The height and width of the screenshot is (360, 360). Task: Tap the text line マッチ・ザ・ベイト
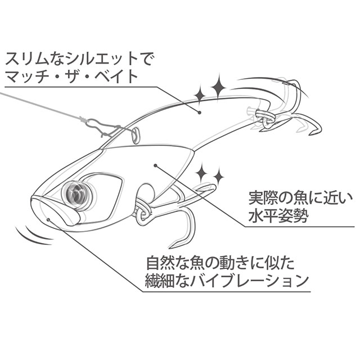coord(70,75)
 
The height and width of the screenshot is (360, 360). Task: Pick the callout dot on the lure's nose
coord(50,220)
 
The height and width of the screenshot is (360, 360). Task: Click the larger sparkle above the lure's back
coord(218,87)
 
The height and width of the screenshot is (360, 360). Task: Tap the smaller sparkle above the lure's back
coord(199,93)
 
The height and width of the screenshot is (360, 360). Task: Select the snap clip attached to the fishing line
coord(99,126)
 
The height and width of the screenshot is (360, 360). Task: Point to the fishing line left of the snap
coord(39,107)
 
